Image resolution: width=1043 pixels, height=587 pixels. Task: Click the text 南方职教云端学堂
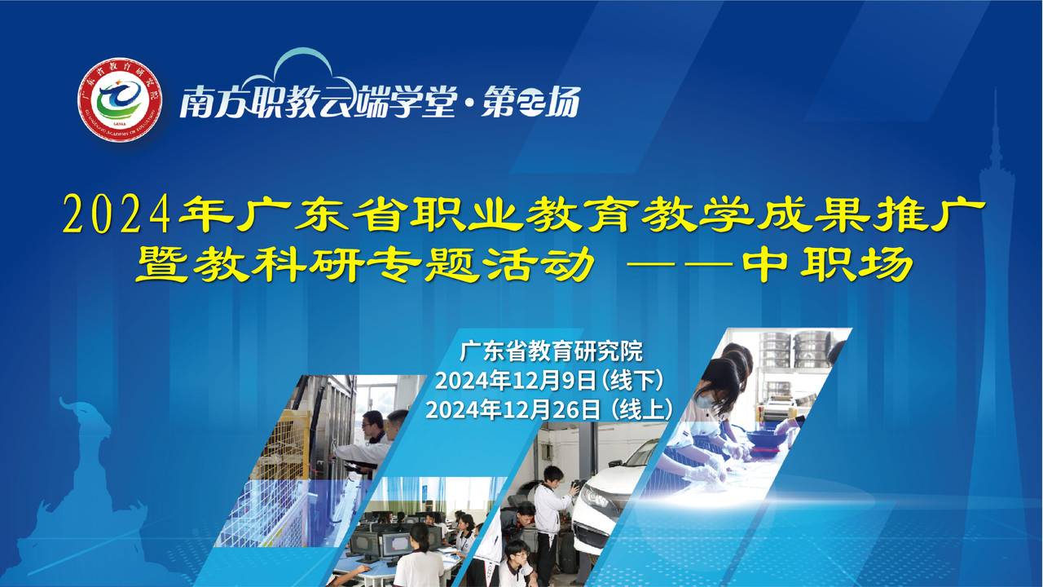(x=318, y=102)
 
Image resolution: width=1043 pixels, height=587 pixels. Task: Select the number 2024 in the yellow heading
(x=116, y=214)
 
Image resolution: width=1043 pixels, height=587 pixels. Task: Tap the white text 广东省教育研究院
(x=551, y=351)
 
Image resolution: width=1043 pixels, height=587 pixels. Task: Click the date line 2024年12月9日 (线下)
(x=549, y=381)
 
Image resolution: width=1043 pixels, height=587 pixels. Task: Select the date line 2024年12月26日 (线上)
(x=549, y=410)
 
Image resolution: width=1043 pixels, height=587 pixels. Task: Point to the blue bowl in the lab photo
(x=764, y=439)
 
